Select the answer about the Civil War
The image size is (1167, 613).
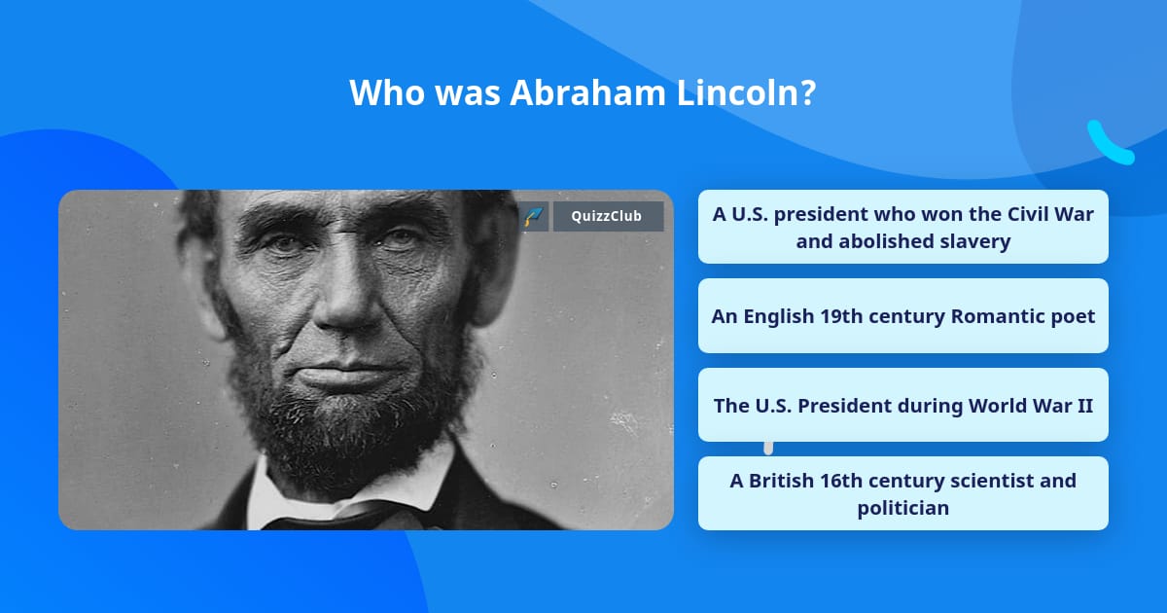(x=902, y=227)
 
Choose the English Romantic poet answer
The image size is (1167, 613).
(x=902, y=316)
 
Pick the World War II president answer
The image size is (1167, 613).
(x=902, y=405)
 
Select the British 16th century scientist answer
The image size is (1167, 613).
(x=902, y=493)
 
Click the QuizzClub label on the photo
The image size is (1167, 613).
(x=608, y=216)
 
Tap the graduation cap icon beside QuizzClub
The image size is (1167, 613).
(x=533, y=216)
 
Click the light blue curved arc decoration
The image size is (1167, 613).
(x=1109, y=144)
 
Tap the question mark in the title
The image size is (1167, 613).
(x=808, y=92)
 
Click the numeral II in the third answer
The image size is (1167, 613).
(x=1082, y=405)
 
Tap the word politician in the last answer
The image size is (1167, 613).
(x=902, y=508)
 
